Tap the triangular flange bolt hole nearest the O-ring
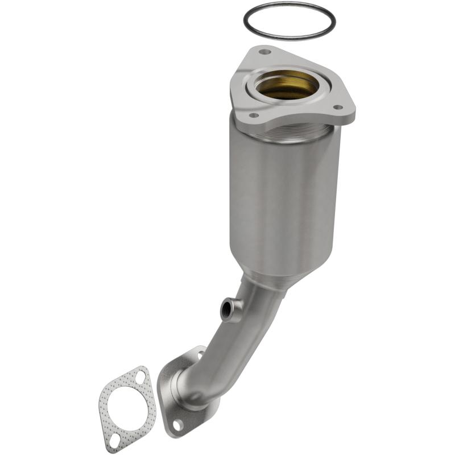tap(264, 52)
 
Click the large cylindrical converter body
tap(284, 193)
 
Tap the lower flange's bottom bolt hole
tap(178, 423)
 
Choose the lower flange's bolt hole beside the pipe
tap(201, 355)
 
